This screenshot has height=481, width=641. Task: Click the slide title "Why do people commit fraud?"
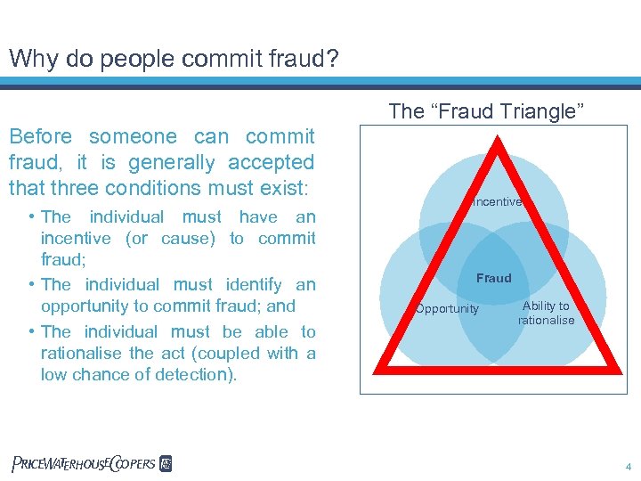(174, 58)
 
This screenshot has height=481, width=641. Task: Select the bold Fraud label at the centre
(493, 278)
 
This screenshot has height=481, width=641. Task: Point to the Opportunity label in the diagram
(447, 309)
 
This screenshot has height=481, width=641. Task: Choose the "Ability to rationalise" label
(546, 313)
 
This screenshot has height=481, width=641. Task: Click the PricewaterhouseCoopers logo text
(84, 463)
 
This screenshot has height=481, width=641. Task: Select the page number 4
(628, 465)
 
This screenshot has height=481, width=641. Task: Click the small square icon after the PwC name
(166, 463)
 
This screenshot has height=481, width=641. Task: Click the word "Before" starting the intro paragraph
(40, 136)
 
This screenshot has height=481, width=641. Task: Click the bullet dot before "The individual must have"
(31, 216)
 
